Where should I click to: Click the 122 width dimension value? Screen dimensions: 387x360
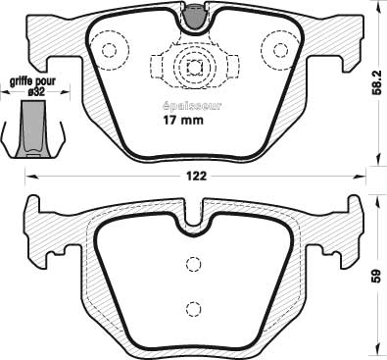click(197, 177)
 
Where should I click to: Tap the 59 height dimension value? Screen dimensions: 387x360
click(376, 276)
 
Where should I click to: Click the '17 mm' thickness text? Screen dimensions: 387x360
click(183, 120)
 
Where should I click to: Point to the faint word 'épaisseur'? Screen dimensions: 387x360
click(192, 106)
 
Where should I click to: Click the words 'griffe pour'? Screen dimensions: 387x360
click(32, 81)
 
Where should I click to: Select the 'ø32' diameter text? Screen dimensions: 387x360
click(36, 92)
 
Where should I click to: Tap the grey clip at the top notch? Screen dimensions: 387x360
click(194, 18)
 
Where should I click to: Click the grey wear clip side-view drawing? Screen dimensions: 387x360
click(33, 129)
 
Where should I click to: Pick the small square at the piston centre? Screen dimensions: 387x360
click(194, 68)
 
